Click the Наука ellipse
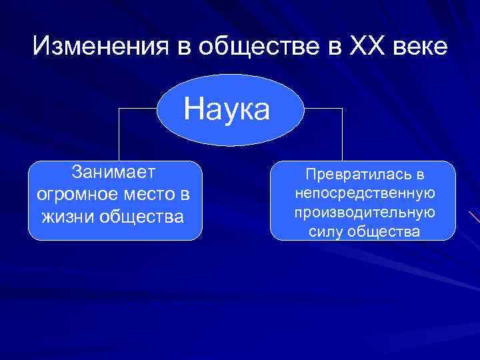coord(227,109)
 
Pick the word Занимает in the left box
coord(114,173)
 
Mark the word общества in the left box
coord(143,217)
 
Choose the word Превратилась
coord(355,175)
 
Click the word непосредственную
coord(364,193)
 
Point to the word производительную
coord(364,212)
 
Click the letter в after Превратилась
coord(419,175)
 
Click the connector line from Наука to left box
coord(119,133)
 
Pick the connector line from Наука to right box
coord(342,133)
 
